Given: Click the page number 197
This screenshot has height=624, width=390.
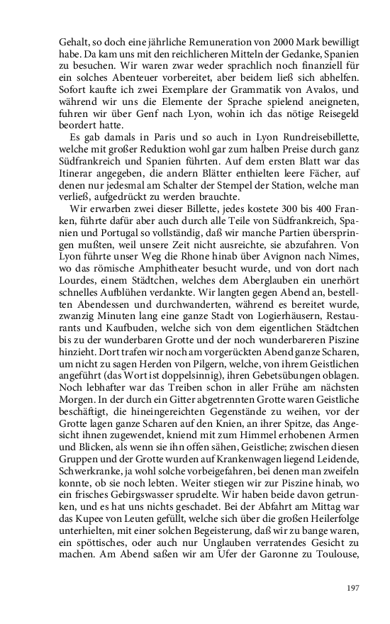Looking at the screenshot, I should (x=353, y=588).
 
